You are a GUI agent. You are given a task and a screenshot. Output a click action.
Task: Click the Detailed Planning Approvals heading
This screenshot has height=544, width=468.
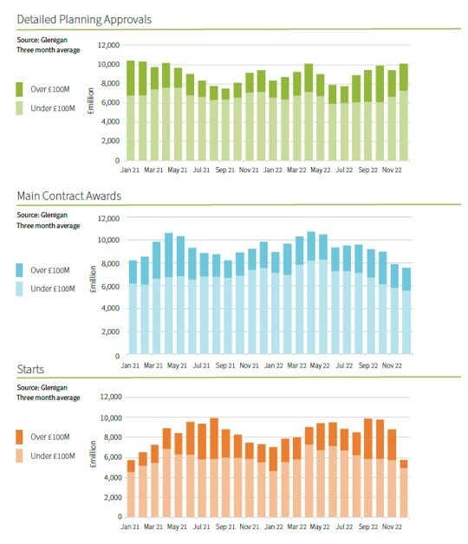coord(84,19)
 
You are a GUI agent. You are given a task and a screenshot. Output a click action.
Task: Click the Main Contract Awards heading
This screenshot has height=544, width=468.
coord(69,196)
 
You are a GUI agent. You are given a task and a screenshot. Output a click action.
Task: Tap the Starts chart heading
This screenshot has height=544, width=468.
coord(30,369)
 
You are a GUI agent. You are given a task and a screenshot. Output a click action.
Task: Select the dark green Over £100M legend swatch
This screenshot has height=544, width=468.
coord(19,89)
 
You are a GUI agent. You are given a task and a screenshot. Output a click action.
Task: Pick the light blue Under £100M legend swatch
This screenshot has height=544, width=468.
coord(19,289)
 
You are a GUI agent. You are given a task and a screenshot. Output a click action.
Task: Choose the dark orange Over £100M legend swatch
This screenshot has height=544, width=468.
coord(19,437)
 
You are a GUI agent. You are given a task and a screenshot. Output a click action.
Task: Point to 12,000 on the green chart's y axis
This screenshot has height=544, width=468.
coord(108,45)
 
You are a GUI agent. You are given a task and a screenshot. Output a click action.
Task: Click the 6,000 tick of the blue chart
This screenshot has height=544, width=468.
coord(110,287)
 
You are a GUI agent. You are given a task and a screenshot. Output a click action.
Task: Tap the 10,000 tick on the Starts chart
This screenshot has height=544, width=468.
coord(111,418)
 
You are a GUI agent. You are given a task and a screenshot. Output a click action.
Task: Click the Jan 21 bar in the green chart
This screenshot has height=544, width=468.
coord(131,110)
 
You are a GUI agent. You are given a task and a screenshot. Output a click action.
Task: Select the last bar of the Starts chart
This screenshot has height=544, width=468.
coord(403,489)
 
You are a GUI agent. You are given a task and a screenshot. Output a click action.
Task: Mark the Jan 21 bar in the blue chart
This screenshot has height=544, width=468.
coord(133,307)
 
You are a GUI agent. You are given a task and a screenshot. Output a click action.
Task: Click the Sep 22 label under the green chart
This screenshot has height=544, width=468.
coord(368,170)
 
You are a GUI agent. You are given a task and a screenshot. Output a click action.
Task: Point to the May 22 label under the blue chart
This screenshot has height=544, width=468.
coord(320,366)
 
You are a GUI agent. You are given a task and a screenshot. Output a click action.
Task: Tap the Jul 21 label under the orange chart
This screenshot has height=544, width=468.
coord(202,527)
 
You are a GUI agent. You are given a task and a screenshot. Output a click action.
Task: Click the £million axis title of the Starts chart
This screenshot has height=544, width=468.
coord(93,454)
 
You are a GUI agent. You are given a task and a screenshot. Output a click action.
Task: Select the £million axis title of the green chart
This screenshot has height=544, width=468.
coord(91,101)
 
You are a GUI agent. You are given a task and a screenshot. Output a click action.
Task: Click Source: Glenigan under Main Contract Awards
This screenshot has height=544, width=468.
coord(42,215)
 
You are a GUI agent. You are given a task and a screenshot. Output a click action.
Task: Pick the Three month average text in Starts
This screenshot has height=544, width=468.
coord(49,398)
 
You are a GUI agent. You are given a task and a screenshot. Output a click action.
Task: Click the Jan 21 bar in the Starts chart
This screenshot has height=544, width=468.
coord(131,489)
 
